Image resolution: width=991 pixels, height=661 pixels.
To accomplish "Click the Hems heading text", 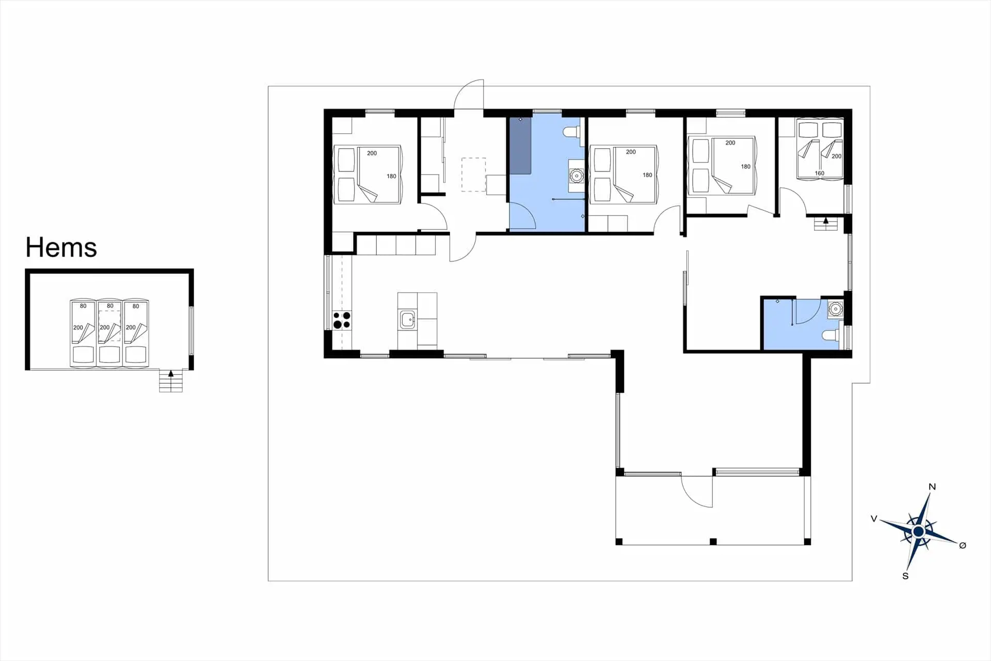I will (61, 247).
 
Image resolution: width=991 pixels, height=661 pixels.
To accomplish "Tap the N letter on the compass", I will (932, 486).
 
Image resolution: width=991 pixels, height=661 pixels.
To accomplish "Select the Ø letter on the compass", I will (962, 545).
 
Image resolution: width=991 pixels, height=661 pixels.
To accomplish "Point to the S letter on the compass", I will (905, 576).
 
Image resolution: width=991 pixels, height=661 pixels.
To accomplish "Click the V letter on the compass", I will (874, 518).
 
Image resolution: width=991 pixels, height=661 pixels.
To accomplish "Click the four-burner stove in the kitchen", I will (342, 320).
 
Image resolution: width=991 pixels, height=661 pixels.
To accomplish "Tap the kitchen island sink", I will (408, 320).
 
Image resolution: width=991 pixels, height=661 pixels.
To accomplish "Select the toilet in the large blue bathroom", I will (571, 132).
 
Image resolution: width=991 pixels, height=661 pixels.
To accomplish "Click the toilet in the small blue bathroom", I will (830, 336).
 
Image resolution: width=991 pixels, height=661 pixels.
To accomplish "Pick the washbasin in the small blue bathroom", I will (835, 309).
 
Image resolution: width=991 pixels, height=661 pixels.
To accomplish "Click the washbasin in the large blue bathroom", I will (576, 176).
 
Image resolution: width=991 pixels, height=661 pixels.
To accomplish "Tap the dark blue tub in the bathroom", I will (520, 146).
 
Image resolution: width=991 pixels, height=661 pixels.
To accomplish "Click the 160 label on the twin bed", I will (819, 174).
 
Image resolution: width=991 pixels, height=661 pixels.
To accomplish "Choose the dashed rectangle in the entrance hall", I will (473, 175).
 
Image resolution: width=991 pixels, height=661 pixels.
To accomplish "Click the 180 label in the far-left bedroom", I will (391, 176).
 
